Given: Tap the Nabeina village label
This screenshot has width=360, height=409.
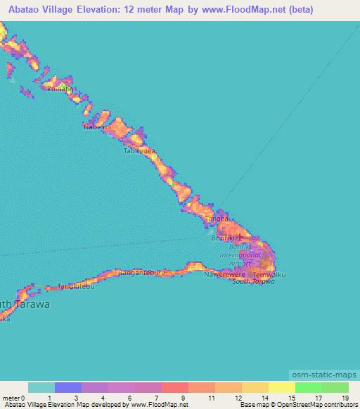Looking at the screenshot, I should point(98,127).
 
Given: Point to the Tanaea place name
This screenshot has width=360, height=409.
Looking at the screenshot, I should point(217,219).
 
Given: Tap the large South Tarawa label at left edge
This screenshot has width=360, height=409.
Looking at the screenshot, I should point(25,304).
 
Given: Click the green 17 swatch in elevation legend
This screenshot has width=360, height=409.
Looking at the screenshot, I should point(308,387).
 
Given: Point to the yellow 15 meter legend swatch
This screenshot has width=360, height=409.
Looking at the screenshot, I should point(281,387).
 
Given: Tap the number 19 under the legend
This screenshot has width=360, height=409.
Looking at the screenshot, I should point(344,398).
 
